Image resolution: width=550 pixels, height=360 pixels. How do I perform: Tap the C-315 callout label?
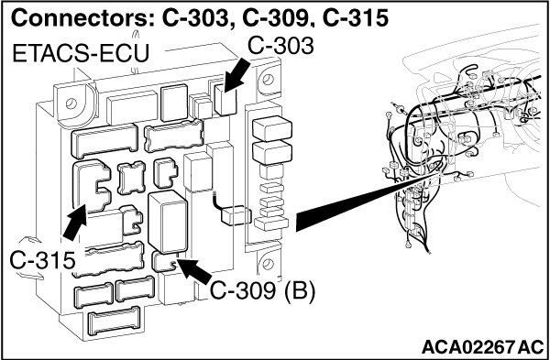tap(42, 261)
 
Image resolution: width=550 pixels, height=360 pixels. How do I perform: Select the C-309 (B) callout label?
tap(262, 291)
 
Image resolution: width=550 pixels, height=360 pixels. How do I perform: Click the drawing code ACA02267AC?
tap(482, 346)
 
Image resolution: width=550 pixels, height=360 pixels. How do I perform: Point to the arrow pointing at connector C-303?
tap(237, 75)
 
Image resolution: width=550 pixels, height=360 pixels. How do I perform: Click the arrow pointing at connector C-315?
tap(74, 223)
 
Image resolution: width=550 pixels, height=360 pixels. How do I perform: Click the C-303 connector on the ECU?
tap(225, 100)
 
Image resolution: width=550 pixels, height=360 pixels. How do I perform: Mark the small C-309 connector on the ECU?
tap(164, 262)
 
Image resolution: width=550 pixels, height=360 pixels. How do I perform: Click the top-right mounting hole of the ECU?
tap(268, 79)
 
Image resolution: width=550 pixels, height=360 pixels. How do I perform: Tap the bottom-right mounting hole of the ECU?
tap(268, 263)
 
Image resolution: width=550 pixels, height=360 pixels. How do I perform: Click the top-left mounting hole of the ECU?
tap(71, 104)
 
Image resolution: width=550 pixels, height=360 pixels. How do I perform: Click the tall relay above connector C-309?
tap(168, 222)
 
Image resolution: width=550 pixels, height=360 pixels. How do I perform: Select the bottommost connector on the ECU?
tap(115, 322)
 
